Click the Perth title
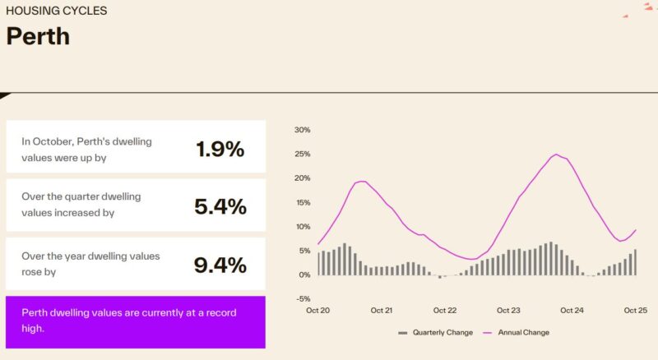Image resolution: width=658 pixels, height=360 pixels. pos(38,36)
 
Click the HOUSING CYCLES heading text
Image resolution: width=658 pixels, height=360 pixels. pos(56,12)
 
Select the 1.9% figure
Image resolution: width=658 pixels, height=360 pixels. pos(220,149)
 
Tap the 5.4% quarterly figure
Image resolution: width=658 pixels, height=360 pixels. pos(220,206)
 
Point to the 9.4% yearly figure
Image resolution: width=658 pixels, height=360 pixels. pos(220,265)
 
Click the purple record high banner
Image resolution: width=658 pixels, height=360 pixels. pos(136,321)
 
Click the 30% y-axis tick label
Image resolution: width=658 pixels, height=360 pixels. pos(301,130)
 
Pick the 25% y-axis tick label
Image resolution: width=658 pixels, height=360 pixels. pos(301,154)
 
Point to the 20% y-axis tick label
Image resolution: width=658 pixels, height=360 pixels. pos(301,178)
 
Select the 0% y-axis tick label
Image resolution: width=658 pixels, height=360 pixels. pos(304,275)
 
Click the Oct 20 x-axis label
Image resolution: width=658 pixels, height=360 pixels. pos(317,311)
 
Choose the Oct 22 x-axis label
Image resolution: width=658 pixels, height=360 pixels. pos(444,311)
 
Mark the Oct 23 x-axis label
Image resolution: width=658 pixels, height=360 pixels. pos(508,311)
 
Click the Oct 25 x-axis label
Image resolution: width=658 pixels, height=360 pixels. pos(636,311)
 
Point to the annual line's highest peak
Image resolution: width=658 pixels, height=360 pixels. pos(556,155)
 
